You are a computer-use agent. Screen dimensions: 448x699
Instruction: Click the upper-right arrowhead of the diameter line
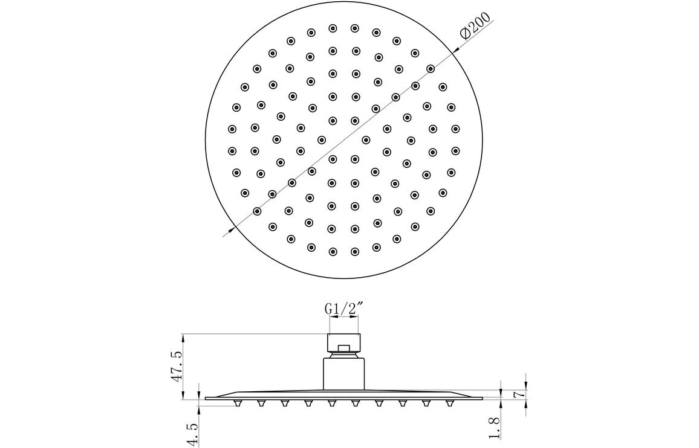point(452,53)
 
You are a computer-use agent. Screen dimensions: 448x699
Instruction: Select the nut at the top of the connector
point(343,342)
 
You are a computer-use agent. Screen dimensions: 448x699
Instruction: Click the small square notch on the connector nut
point(343,347)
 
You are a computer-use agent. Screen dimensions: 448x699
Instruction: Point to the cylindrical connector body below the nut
point(343,372)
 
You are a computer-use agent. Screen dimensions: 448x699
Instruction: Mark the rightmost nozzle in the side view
point(449,403)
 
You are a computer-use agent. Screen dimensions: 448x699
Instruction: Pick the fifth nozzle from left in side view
point(331,403)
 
